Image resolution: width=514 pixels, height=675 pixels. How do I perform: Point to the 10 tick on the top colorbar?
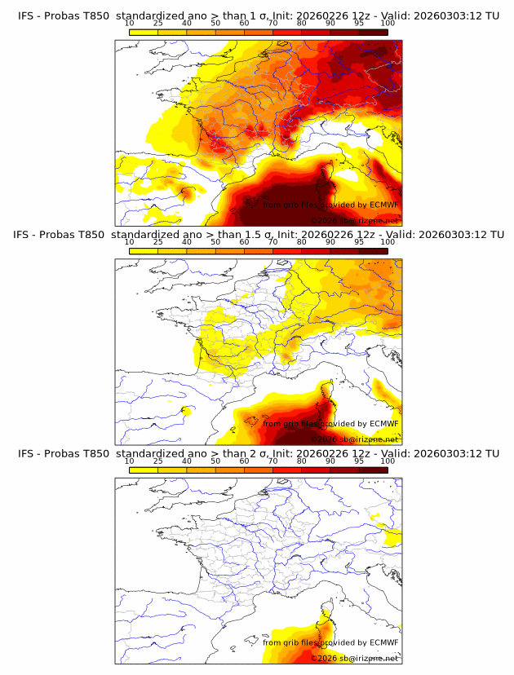(130, 24)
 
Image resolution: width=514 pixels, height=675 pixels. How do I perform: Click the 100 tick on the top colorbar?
(388, 24)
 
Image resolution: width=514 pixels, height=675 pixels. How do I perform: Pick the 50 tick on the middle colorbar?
(215, 242)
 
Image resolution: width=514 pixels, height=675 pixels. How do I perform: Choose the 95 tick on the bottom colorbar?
(359, 461)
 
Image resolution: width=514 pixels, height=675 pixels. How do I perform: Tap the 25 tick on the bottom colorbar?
(158, 461)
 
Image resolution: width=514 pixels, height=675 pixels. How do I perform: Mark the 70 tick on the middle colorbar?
(273, 242)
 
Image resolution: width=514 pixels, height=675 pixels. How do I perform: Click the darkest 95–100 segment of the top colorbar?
(373, 33)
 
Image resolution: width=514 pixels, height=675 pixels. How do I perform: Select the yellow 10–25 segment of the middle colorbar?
(144, 251)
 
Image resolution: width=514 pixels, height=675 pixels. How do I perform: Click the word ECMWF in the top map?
(383, 205)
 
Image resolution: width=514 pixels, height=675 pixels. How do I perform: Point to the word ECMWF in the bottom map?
(383, 643)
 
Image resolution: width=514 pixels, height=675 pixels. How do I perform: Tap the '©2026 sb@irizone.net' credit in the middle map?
(355, 439)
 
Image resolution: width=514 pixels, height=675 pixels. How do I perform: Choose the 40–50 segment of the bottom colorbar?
(201, 470)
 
